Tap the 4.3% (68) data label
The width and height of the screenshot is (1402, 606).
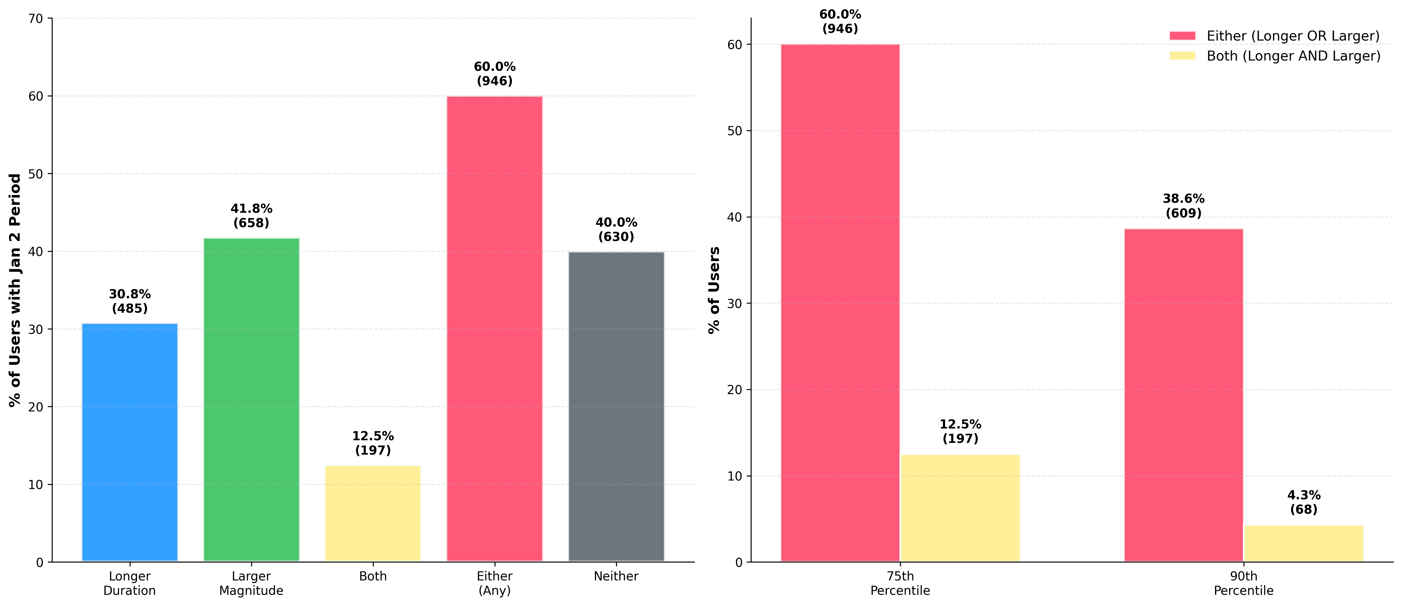1303,502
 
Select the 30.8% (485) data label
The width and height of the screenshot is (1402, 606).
130,301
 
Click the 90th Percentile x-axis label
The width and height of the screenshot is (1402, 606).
1243,583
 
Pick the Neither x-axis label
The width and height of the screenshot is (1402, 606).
616,576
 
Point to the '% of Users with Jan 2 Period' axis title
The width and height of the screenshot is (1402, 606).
15,290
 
